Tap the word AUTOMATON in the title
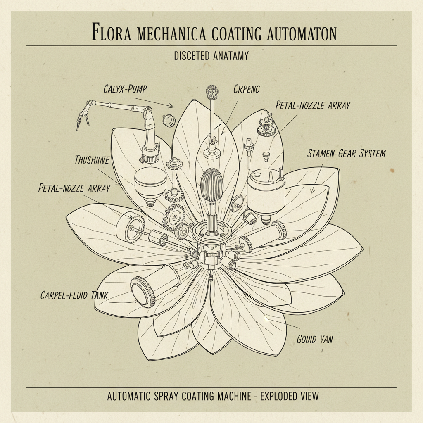point(300,33)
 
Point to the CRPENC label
point(246,89)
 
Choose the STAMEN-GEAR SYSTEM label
point(346,154)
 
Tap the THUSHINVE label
point(92,160)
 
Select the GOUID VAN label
point(315,340)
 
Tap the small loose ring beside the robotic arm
point(169,120)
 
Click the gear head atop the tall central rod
point(212,93)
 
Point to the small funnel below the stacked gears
point(266,157)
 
